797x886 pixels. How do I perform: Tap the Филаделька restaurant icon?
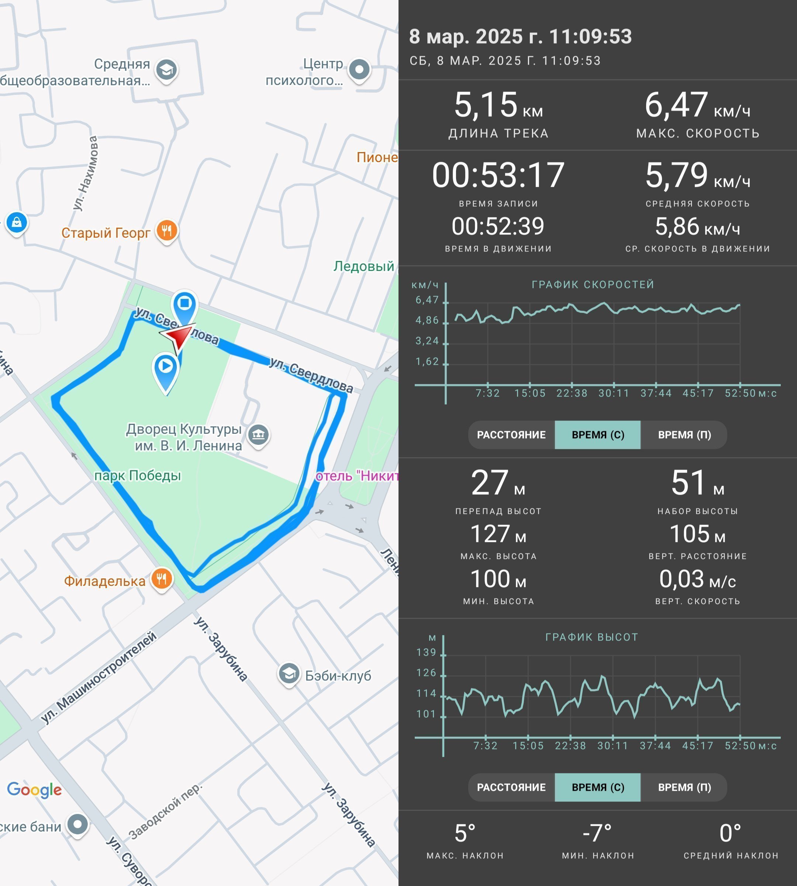tap(162, 579)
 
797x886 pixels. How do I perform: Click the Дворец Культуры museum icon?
tap(259, 435)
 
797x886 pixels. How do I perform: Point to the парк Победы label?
tap(138, 475)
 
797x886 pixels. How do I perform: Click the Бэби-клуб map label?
tap(338, 675)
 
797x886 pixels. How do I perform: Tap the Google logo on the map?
tap(34, 790)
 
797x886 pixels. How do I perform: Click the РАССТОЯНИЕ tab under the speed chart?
tap(511, 435)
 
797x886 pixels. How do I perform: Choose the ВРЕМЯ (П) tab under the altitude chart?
tap(684, 787)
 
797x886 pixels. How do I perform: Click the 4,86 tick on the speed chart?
tap(427, 320)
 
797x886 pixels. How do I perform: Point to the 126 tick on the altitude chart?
tap(427, 673)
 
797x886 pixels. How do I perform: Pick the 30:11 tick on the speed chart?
tap(614, 393)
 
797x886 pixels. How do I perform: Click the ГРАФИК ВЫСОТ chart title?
tap(591, 637)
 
